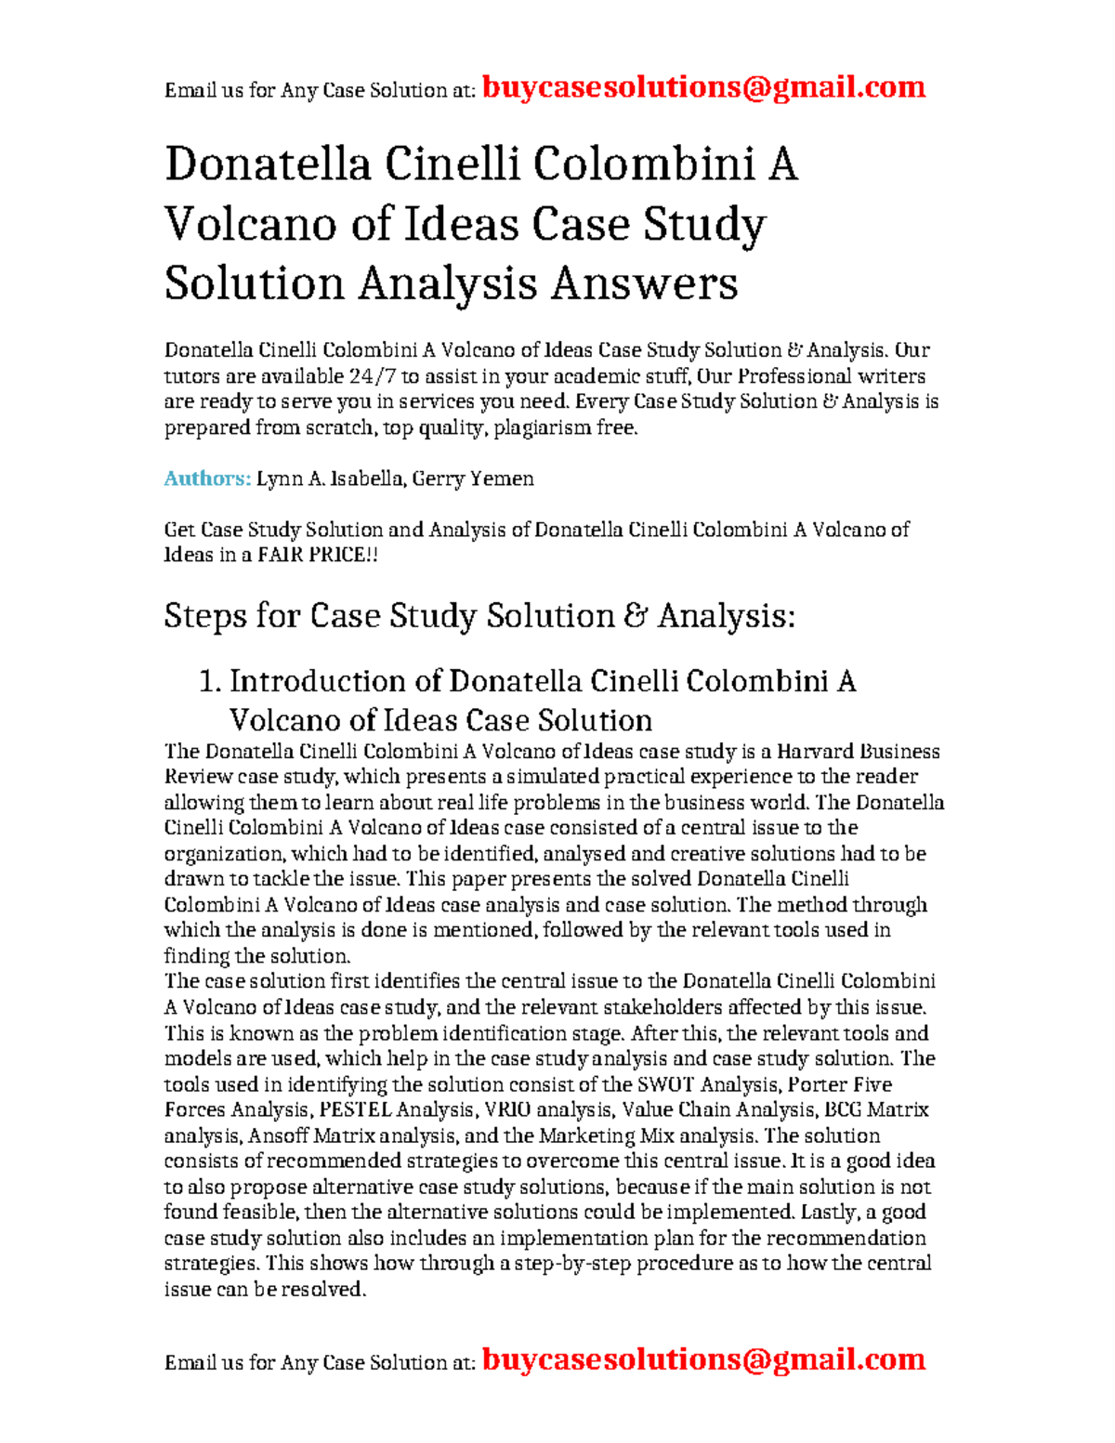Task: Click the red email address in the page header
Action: (704, 87)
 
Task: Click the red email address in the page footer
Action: (704, 1359)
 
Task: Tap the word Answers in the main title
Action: (644, 283)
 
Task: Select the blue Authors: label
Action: (207, 479)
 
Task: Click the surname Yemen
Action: (502, 479)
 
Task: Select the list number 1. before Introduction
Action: (210, 682)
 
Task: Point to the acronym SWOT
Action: (665, 1084)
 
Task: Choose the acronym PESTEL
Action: (355, 1109)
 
